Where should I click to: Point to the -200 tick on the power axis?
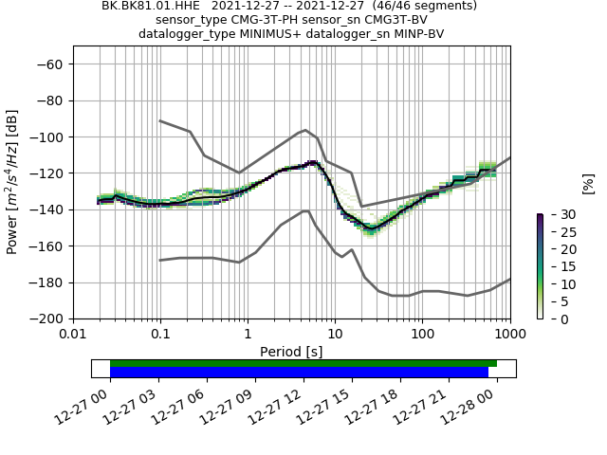pyautogui.click(x=46, y=318)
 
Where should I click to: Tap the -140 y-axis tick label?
pyautogui.click(x=46, y=209)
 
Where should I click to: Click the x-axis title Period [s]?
pyautogui.click(x=291, y=352)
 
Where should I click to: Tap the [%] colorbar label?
pyautogui.click(x=588, y=183)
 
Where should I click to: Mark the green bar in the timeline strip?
pyautogui.click(x=303, y=363)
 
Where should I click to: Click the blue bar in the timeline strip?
pyautogui.click(x=299, y=373)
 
